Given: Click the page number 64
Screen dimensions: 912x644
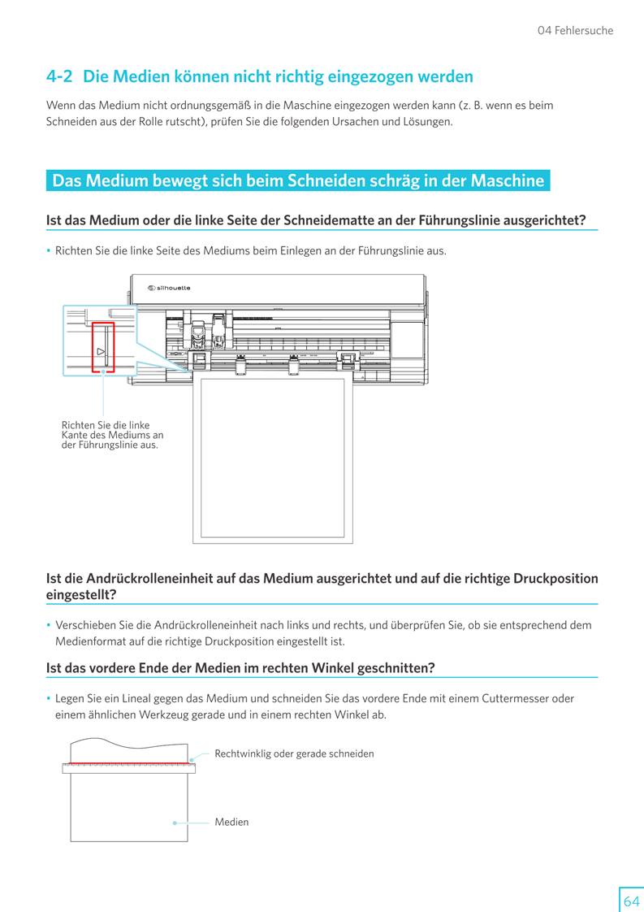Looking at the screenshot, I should tap(631, 901).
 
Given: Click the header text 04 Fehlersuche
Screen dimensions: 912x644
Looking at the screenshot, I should tap(575, 31).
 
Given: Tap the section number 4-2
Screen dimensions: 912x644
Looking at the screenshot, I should tap(59, 77).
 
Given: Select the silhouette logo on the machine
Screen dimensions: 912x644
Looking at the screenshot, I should tap(169, 288).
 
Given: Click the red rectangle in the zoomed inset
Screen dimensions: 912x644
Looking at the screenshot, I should tap(103, 346).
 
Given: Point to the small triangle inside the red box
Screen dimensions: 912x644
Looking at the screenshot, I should tap(100, 352).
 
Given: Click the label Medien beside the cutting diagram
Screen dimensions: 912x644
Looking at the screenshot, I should tap(231, 822).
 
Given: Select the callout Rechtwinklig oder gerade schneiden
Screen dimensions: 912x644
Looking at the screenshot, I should tap(294, 753).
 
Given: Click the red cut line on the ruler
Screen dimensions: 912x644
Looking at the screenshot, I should tap(129, 763).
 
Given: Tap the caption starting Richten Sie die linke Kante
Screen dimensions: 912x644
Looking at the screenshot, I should tap(112, 435).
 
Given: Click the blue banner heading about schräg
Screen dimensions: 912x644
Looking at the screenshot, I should tap(298, 180).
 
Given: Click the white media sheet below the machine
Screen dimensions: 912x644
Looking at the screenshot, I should tap(271, 459).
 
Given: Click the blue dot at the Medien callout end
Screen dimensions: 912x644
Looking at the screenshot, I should tap(175, 822).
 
